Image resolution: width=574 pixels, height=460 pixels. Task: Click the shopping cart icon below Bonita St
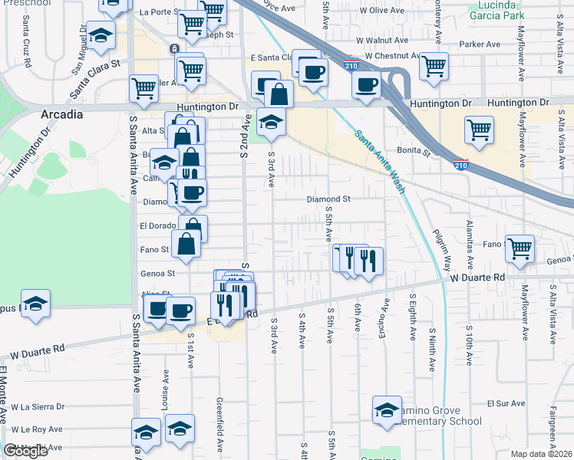coord(480,130)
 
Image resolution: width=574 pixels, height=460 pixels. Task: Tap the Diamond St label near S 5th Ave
coord(328,199)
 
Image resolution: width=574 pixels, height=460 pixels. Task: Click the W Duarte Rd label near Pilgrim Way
coord(477,277)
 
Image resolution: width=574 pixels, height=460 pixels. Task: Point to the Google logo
coord(25,451)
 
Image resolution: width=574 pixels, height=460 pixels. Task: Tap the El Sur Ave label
coord(506,402)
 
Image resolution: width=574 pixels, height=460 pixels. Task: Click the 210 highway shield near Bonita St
coord(460,164)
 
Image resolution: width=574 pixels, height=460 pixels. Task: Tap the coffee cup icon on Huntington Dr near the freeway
coord(367,84)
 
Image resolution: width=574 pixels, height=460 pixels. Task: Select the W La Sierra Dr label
coord(38,406)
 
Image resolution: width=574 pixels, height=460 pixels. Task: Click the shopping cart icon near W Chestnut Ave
coord(434,66)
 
